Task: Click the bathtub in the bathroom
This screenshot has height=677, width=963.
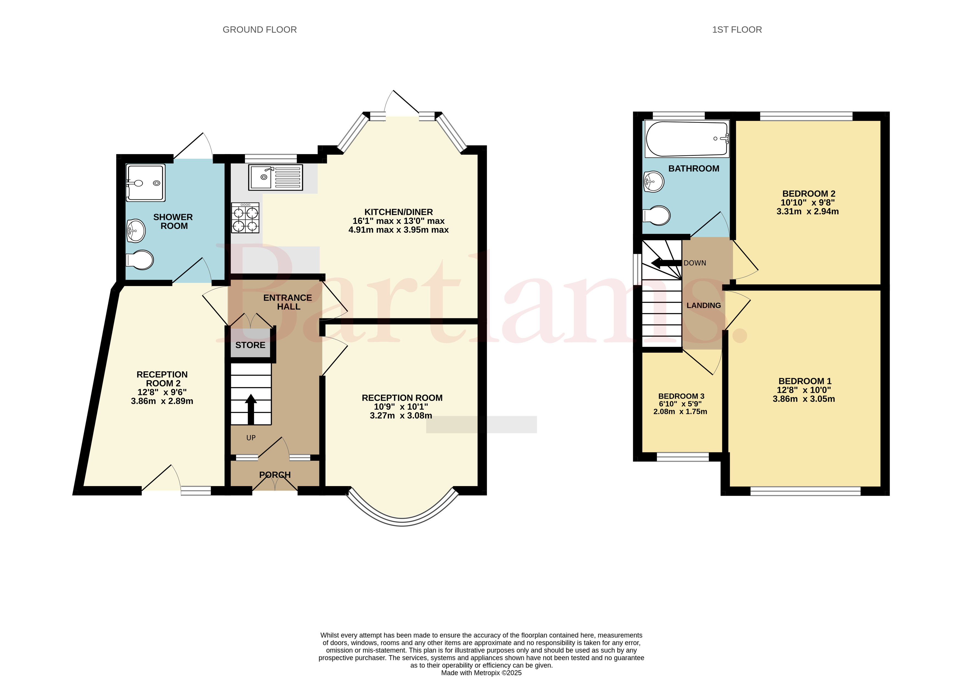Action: pos(687,139)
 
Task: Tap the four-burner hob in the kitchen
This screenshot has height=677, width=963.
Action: pos(245,218)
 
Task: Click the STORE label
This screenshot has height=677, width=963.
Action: pos(250,345)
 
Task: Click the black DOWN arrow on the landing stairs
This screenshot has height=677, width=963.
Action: pos(666,263)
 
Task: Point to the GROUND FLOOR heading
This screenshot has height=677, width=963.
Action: pos(259,30)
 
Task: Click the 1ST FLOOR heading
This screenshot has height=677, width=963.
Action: pos(737,30)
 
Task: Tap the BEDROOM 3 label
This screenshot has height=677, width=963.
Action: pos(681,396)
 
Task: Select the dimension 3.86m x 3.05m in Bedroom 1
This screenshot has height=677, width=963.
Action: pos(804,399)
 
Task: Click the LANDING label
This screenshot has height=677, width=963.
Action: pos(704,305)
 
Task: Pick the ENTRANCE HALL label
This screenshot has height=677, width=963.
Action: pos(288,302)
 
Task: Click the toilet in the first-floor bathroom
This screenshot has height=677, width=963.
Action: pos(656,216)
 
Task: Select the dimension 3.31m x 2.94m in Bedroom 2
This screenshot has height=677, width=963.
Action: pos(807,211)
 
